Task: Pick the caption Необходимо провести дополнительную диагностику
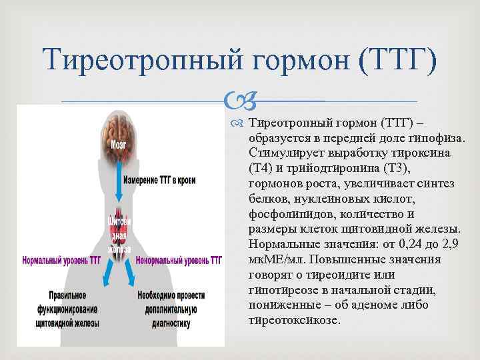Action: [171, 308]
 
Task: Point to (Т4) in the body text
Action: [259, 167]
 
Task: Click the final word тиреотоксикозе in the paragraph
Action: [294, 319]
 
